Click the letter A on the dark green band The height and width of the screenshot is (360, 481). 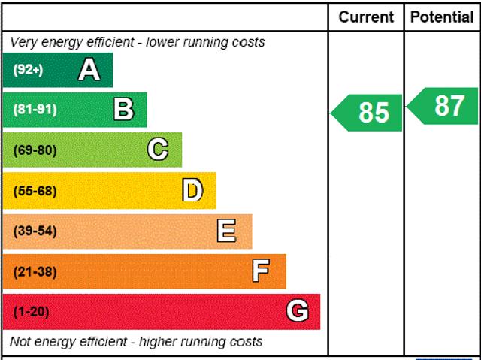[89, 70]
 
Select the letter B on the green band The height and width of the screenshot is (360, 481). [123, 110]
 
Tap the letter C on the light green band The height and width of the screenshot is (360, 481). [158, 150]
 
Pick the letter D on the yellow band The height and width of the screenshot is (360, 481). [192, 191]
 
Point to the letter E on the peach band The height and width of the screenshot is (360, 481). [226, 231]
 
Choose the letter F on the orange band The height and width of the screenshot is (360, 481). [261, 271]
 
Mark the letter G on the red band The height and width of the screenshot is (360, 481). [298, 311]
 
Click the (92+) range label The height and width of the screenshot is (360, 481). [29, 70]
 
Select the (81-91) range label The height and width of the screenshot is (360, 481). [35, 110]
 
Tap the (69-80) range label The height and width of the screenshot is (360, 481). [35, 150]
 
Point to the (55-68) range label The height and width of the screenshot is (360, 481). [35, 191]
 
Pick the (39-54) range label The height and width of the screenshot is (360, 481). [35, 231]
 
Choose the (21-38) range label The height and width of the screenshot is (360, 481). [35, 271]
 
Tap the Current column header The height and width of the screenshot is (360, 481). [366, 17]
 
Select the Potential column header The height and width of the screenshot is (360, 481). [443, 17]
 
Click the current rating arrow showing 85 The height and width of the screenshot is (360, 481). [368, 112]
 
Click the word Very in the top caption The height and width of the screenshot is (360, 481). [23, 42]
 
